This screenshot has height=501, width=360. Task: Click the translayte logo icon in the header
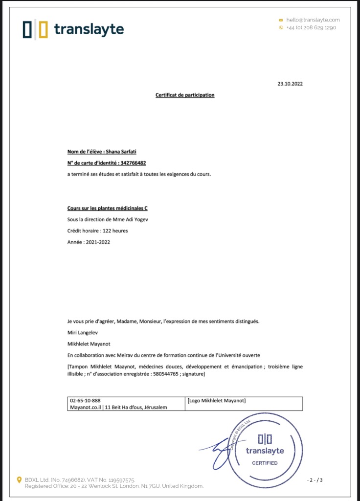click(x=35, y=30)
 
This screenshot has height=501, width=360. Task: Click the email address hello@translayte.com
click(x=313, y=20)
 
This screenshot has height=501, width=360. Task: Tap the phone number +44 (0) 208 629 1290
click(x=311, y=28)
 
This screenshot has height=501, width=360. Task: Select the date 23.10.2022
click(x=290, y=84)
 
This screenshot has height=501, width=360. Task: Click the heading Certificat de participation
click(x=185, y=95)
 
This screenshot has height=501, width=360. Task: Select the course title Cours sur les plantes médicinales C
click(x=108, y=208)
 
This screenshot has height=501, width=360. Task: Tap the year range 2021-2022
click(x=97, y=242)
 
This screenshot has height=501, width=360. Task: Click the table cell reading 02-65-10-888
click(x=86, y=400)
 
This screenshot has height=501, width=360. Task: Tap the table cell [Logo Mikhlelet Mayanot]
click(x=216, y=401)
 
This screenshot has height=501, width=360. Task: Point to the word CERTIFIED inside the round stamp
click(x=265, y=463)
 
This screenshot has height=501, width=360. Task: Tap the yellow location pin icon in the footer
click(x=20, y=480)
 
